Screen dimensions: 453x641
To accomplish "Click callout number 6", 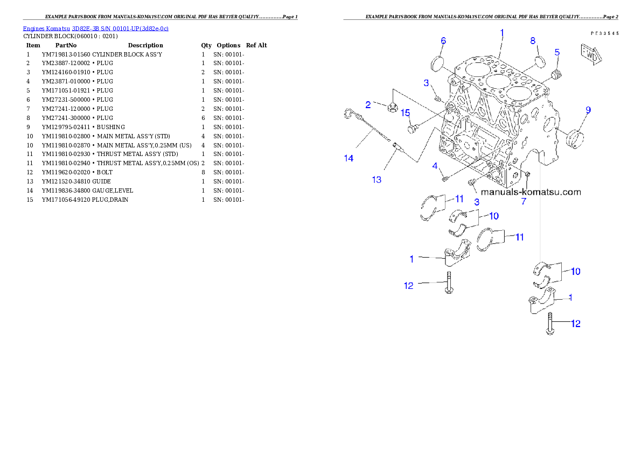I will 443,41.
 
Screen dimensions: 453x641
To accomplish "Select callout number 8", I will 533,41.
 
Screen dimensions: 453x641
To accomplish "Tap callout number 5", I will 557,52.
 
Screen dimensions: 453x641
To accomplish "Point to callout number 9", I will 588,110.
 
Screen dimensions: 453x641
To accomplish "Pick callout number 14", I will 349,158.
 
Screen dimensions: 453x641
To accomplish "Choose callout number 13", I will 377,180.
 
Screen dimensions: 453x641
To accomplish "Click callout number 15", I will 405,113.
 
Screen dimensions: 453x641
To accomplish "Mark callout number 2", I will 368,104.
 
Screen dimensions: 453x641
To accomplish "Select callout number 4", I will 435,166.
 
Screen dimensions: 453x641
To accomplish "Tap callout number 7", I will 523,202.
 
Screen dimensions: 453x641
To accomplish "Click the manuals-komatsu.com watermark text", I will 531,192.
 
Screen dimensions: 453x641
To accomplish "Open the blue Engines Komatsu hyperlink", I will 95,29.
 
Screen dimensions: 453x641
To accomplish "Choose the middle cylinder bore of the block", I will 498,82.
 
